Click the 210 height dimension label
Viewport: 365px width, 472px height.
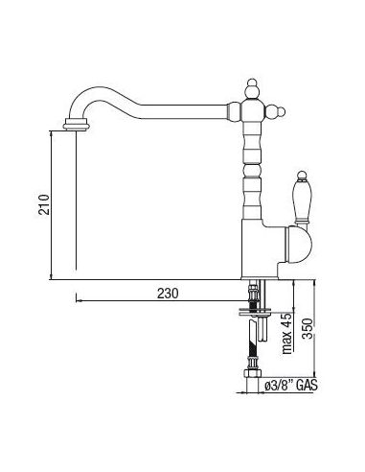click(x=44, y=204)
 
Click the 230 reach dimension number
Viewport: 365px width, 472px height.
click(x=168, y=294)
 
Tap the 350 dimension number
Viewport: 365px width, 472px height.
click(x=307, y=328)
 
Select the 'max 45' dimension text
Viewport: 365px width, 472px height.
click(x=287, y=334)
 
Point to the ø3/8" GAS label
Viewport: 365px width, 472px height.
click(x=291, y=386)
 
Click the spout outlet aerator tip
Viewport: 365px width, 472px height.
click(x=76, y=124)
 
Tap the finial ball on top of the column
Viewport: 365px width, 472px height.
click(x=252, y=87)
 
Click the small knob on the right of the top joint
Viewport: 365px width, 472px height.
click(x=276, y=111)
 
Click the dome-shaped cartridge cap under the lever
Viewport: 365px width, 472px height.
click(x=298, y=244)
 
